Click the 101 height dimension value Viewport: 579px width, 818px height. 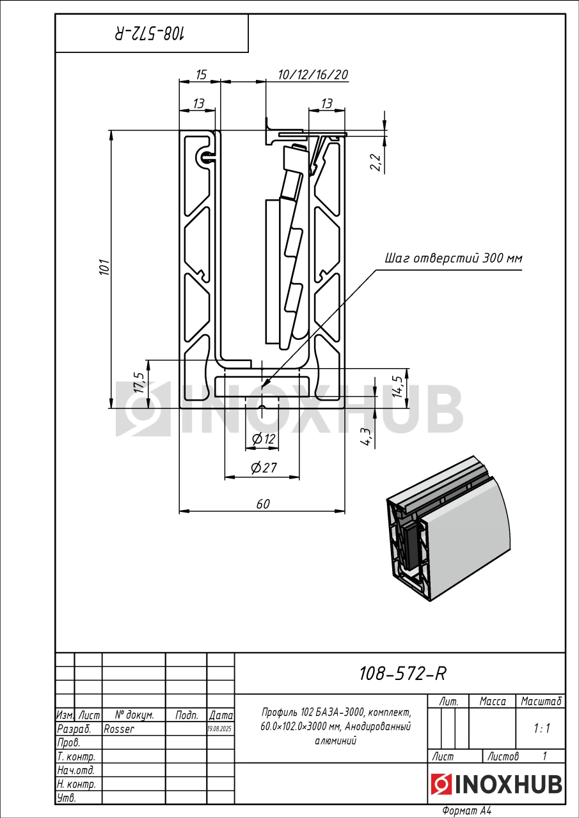pos(104,267)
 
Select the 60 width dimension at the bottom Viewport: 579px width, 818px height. pos(263,504)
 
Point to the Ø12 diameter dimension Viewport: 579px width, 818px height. pos(264,439)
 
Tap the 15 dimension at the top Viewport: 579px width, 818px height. pos(200,75)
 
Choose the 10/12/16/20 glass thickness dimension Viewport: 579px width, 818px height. pos(313,75)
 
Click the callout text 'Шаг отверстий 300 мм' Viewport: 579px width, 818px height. pos(453,259)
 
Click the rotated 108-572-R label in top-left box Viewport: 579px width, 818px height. pos(152,34)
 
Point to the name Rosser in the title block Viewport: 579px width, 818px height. pos(119,729)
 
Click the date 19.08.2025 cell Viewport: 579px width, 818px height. pos(221,729)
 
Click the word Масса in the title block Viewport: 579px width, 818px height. pos(493,702)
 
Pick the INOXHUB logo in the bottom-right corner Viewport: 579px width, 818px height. pos(496,783)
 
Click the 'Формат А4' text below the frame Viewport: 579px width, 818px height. pos(466,811)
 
